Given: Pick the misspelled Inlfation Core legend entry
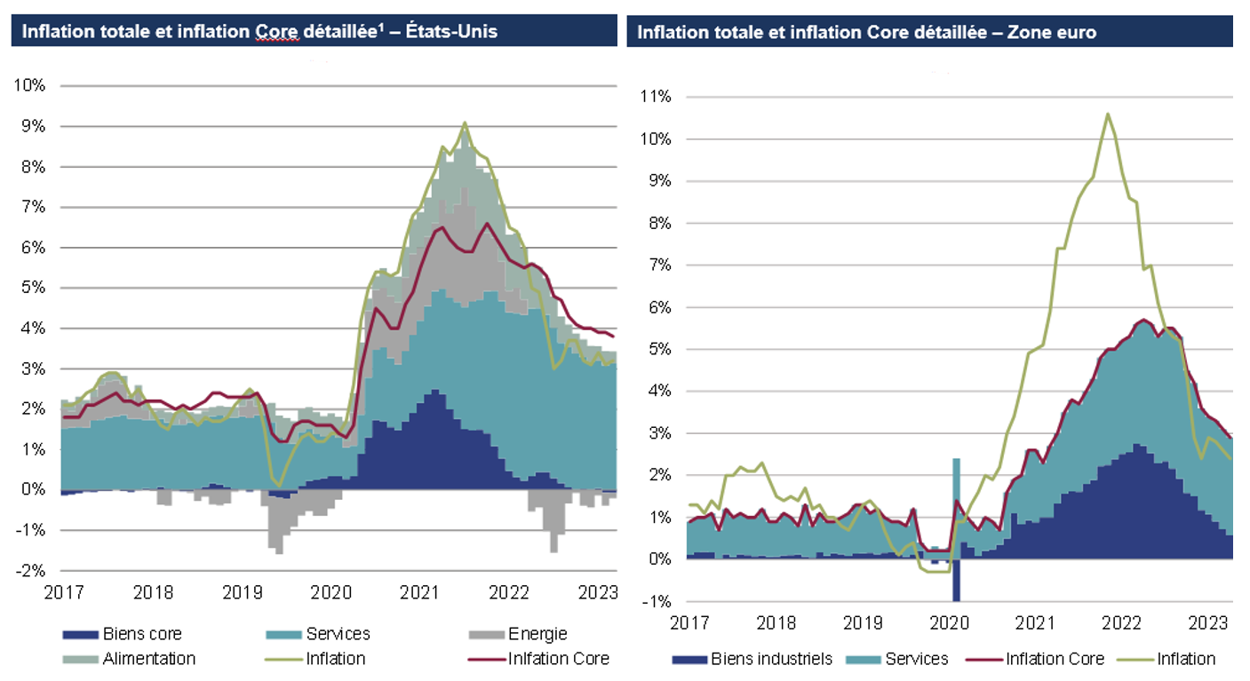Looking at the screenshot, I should point(558,659).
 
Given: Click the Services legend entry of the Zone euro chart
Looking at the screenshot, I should point(912,659).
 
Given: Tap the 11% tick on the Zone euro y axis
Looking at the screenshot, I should point(653,97).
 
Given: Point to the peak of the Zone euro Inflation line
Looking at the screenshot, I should point(1107,114).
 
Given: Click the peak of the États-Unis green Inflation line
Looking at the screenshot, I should point(465,123).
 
